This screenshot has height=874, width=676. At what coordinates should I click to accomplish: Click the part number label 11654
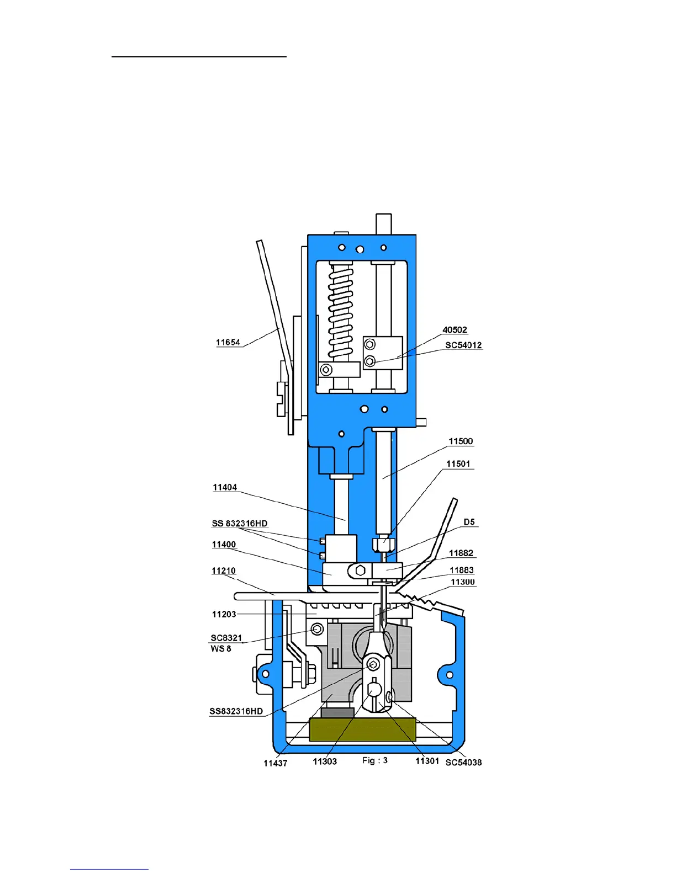click(x=228, y=343)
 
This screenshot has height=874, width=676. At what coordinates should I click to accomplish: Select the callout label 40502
click(x=455, y=330)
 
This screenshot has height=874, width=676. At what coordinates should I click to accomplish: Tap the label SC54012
click(x=463, y=345)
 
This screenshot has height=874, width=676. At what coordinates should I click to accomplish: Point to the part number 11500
click(x=461, y=441)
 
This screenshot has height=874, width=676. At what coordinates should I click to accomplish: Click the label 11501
click(x=458, y=464)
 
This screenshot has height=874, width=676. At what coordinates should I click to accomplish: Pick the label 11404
click(x=225, y=488)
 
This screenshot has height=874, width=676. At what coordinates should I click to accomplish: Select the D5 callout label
click(x=469, y=522)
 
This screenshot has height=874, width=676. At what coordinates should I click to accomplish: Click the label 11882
click(x=461, y=553)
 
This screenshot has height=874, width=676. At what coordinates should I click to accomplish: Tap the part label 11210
click(x=224, y=571)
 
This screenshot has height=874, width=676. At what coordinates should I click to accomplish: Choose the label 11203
click(x=224, y=614)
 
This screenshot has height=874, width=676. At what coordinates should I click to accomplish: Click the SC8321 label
click(x=226, y=638)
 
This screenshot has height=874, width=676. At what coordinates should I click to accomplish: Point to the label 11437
click(x=275, y=763)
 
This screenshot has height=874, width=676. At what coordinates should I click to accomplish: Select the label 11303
click(x=325, y=761)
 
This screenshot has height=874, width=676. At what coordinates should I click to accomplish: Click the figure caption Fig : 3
click(x=375, y=760)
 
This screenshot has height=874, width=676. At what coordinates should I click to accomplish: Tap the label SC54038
click(x=463, y=763)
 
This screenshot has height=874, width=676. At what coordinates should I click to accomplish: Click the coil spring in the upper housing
click(x=340, y=311)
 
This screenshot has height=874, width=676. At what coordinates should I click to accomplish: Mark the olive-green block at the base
click(x=362, y=729)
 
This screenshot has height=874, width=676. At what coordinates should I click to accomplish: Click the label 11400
click(x=224, y=545)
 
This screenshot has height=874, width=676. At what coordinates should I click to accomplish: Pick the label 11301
click(x=427, y=761)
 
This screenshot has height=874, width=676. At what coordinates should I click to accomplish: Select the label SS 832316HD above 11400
click(x=240, y=524)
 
